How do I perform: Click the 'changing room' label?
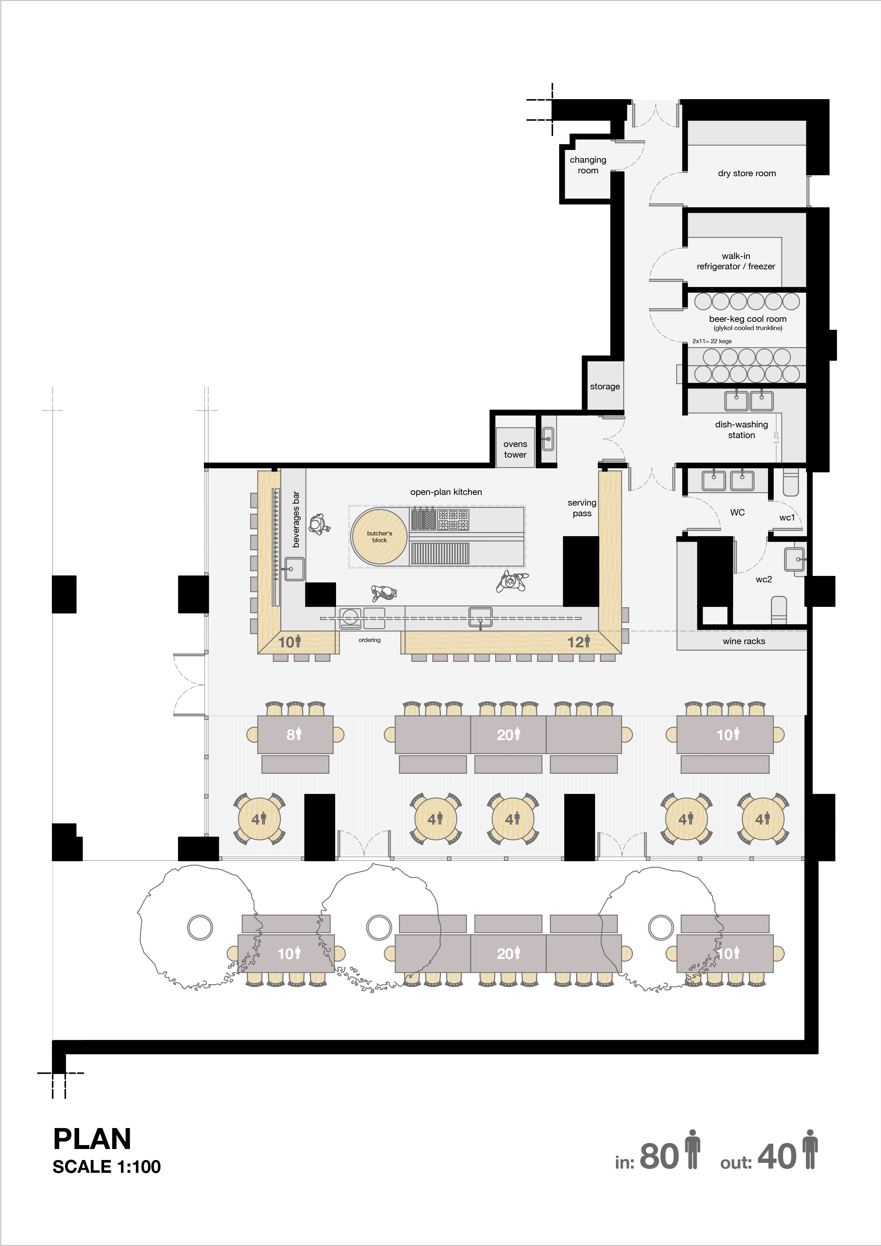point(588,165)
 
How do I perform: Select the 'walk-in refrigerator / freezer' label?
point(736,261)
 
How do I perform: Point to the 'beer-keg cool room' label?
point(747,319)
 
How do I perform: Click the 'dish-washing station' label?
point(742,430)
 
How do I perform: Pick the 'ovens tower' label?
point(515,449)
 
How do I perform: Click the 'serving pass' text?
point(582,508)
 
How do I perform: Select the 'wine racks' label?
point(744,641)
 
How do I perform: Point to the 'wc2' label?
point(764,579)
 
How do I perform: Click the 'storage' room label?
point(605,387)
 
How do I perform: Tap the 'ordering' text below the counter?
point(369,640)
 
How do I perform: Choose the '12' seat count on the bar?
point(575,642)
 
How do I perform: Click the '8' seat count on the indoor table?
point(290,735)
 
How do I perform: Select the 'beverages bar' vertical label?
point(296,519)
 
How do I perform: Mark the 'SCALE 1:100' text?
point(107,1167)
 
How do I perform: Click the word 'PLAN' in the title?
point(92,1139)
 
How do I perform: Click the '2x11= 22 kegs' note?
point(712,341)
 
